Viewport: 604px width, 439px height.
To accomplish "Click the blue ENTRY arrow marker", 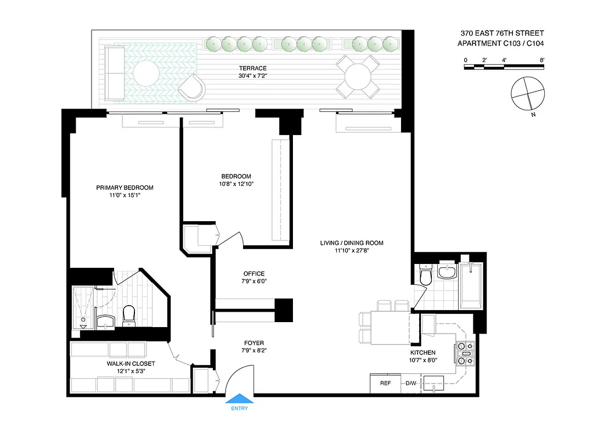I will click(x=240, y=399).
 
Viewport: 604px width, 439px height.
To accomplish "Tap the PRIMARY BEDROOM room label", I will click(x=125, y=188).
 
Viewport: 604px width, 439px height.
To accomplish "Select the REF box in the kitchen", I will click(x=385, y=384).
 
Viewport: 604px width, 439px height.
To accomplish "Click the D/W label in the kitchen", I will click(x=411, y=384).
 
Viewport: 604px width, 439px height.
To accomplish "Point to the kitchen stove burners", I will click(x=464, y=353).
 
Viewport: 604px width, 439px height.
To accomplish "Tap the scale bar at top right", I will click(x=504, y=66).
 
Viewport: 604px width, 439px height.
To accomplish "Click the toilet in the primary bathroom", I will click(x=129, y=314).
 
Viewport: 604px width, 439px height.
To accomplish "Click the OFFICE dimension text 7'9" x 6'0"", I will click(x=253, y=282).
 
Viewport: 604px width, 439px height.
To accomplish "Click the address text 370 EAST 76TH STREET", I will click(x=502, y=33).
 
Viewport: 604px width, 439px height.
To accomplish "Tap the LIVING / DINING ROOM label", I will click(x=352, y=243).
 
